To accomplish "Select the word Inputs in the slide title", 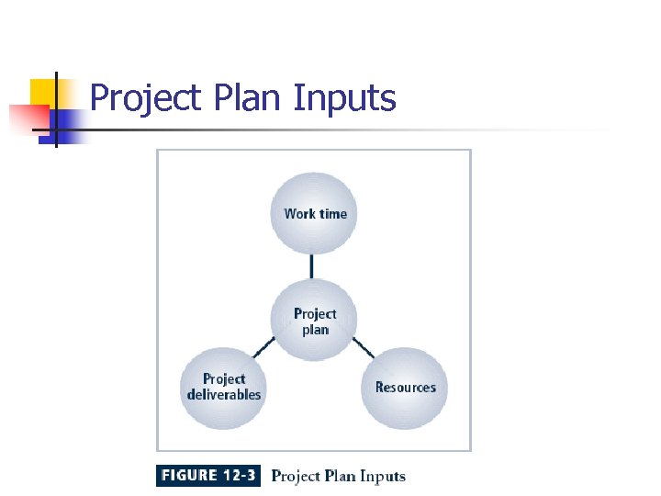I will (344, 97).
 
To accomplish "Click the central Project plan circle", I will (315, 321).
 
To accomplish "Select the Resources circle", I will (405, 387).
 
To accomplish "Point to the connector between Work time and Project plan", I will (312, 265).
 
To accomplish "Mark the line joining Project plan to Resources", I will (364, 347).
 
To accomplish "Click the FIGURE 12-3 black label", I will (208, 476).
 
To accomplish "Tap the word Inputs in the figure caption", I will (382, 476).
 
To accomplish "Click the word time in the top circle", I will (333, 213).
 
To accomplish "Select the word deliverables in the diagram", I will (223, 395).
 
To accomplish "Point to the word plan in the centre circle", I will (315, 330).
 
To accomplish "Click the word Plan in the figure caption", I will (340, 476).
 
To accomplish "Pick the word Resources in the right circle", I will (405, 387).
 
